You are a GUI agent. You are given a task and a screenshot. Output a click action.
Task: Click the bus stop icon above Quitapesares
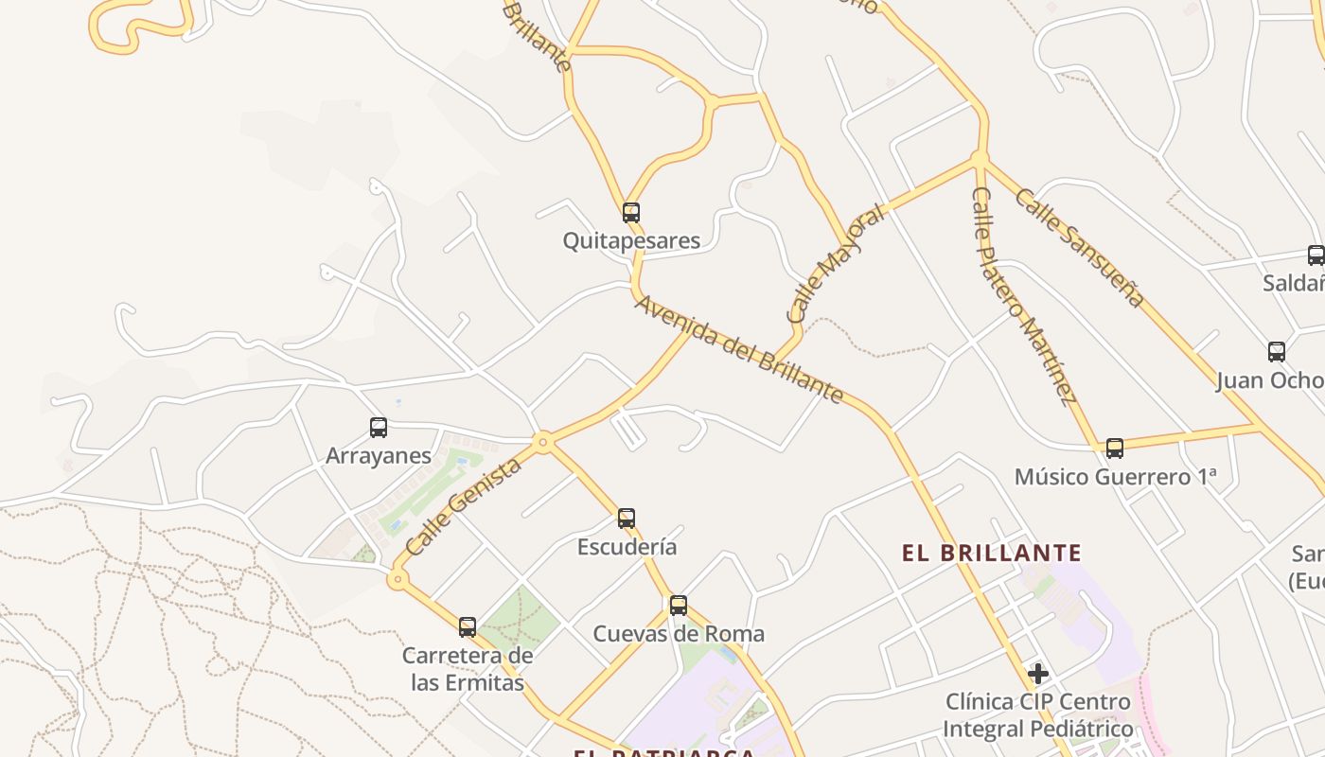point(631,213)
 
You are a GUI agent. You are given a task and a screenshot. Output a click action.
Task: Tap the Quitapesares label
point(631,240)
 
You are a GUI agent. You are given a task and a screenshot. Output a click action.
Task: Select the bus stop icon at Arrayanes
point(379,428)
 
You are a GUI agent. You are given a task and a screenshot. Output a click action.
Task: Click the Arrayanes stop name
point(379,455)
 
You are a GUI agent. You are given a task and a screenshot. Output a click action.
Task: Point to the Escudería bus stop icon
point(627,519)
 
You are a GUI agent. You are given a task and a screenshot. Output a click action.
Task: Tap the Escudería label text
point(627,546)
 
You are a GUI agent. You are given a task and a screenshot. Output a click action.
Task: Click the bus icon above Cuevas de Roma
point(679,606)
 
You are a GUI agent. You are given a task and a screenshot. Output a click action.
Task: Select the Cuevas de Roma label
point(679,633)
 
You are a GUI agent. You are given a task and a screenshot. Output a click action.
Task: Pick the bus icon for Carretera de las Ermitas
point(468,626)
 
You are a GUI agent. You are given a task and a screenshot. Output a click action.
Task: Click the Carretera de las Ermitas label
point(468,668)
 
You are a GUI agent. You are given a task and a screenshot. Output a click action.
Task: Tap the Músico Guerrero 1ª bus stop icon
point(1115,449)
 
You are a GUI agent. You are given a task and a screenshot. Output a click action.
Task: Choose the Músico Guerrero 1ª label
point(1115,476)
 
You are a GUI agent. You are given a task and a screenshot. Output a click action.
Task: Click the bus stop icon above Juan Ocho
point(1277,352)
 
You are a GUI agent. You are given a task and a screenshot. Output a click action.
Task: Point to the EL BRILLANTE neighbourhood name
point(991,553)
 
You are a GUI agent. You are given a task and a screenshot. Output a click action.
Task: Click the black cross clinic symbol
point(1038,674)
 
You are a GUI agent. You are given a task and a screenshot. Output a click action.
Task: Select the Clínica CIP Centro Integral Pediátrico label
point(1038,715)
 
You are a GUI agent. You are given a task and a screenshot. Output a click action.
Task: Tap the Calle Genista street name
point(463,507)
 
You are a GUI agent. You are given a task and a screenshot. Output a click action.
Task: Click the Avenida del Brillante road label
point(738,348)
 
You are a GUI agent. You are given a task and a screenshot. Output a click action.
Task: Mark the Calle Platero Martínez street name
point(1025,295)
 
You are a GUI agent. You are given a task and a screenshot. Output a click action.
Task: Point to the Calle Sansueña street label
point(1080,247)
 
